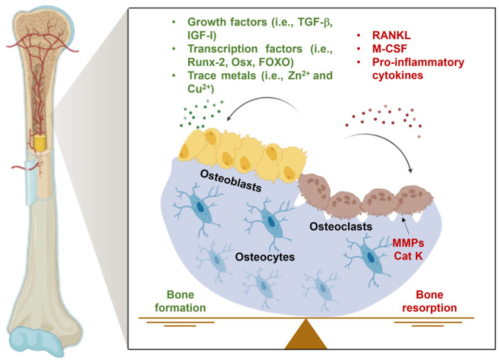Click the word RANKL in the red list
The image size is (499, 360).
point(391,35)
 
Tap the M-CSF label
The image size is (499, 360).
point(390,48)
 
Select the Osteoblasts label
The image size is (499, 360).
point(231,180)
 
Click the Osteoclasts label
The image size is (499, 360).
point(341,227)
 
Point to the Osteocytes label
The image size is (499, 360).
point(265,257)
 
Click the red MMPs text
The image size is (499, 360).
point(408,243)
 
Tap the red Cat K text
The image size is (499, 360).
point(408,256)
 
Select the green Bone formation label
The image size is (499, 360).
point(180,301)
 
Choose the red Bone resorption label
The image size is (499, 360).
point(429,301)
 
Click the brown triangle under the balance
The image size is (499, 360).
point(305,337)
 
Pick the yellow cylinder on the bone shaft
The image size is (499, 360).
point(40,143)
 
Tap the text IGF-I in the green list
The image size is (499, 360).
point(202,36)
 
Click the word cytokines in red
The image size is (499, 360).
point(397,75)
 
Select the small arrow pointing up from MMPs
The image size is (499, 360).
point(405,227)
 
